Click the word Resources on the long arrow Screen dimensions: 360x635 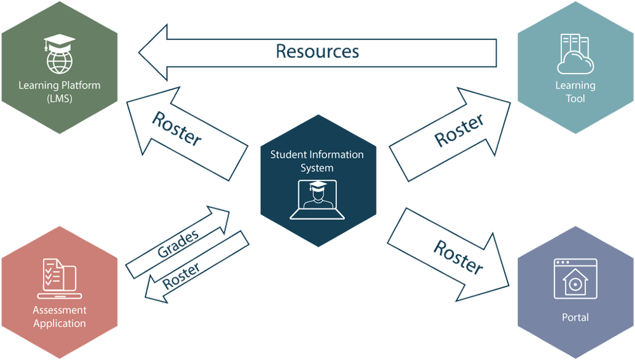pyautogui.click(x=318, y=51)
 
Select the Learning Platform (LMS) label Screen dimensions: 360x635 pyautogui.click(x=60, y=92)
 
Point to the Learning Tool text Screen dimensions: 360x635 pyautogui.click(x=575, y=92)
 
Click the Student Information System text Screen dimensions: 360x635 pyautogui.click(x=317, y=161)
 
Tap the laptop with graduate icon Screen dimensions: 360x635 pyautogui.click(x=317, y=199)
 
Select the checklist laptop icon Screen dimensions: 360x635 pyautogui.click(x=59, y=278)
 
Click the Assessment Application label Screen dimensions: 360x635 pyautogui.click(x=60, y=317)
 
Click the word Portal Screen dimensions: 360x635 pyautogui.click(x=575, y=317)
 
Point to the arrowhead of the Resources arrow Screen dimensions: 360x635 pyautogui.click(x=152, y=51)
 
